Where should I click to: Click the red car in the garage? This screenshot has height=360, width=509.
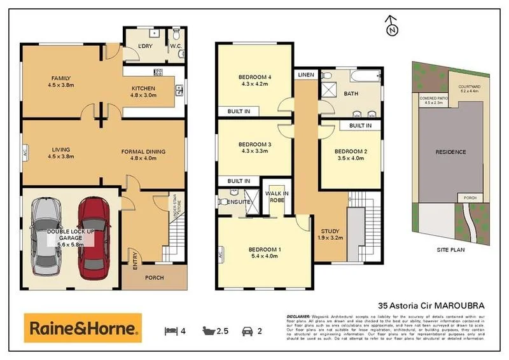[92, 234]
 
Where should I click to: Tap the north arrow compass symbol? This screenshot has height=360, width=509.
[392, 26]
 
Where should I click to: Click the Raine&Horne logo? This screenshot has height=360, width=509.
[82, 329]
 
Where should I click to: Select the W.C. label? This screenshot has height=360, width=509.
[176, 46]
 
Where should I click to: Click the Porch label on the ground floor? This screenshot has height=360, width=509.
[155, 277]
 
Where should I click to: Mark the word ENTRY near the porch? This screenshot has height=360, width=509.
[135, 261]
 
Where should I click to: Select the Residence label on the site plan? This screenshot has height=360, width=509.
[450, 152]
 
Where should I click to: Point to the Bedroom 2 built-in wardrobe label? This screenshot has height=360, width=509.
[360, 126]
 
